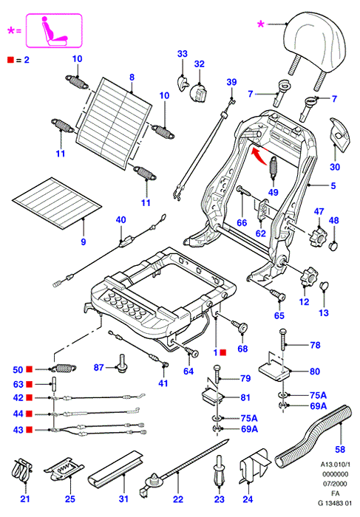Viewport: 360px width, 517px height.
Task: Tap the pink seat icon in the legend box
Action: click(x=54, y=31)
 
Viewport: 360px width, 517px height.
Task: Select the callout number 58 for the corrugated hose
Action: click(x=340, y=449)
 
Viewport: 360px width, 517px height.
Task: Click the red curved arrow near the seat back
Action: click(x=260, y=157)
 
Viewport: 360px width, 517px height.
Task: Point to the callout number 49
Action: click(x=273, y=192)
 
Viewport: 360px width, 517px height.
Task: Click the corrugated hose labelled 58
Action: click(x=312, y=436)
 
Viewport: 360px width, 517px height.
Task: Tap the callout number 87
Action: click(x=98, y=367)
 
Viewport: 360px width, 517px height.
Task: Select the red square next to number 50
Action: click(x=30, y=369)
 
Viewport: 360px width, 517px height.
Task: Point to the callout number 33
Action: click(x=182, y=54)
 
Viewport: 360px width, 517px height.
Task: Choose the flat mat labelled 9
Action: click(x=57, y=203)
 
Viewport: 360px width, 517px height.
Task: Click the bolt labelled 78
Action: click(x=283, y=340)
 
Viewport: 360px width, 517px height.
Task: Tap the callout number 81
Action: click(x=245, y=397)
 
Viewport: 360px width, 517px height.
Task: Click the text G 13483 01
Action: click(x=335, y=503)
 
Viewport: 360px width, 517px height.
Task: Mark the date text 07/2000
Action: click(x=335, y=484)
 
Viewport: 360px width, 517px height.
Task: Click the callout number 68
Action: click(x=242, y=349)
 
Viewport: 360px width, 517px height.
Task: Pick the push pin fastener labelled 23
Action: click(x=219, y=470)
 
